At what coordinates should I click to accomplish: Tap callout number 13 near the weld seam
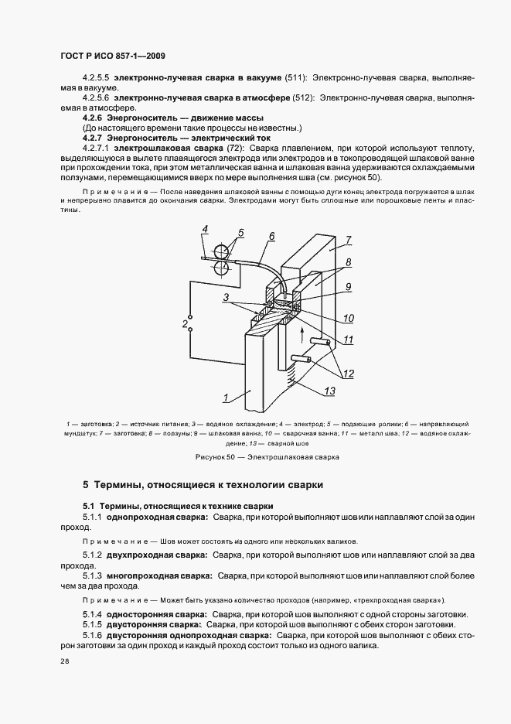tap(330, 391)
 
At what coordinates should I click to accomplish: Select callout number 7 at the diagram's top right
tap(349, 240)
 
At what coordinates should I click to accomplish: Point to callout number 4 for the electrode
tap(204, 228)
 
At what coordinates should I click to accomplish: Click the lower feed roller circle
tap(221, 268)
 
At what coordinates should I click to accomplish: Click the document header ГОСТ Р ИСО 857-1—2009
tap(112, 56)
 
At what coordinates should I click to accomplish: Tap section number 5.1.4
tap(93, 614)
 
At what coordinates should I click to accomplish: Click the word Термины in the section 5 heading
tap(117, 486)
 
